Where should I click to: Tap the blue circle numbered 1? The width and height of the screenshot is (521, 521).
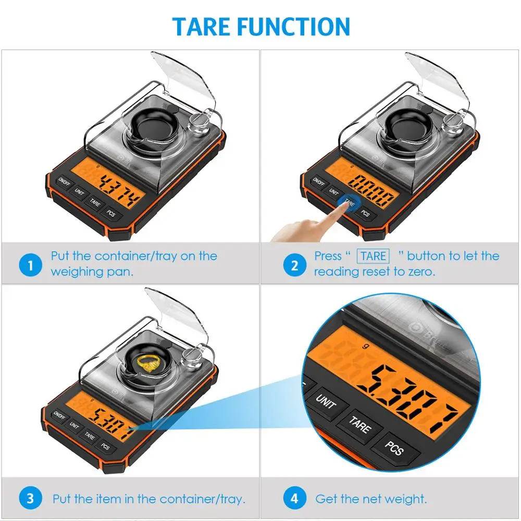[x=30, y=265]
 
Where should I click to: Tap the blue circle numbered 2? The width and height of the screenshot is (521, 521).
[x=294, y=265]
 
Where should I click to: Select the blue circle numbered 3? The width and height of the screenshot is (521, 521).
[x=30, y=498]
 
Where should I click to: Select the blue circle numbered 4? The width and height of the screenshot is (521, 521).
[x=294, y=498]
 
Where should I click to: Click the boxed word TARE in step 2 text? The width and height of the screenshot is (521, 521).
[x=373, y=256]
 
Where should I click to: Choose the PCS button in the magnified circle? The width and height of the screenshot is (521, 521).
[x=394, y=449]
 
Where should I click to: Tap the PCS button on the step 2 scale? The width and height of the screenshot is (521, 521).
[x=366, y=214]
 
